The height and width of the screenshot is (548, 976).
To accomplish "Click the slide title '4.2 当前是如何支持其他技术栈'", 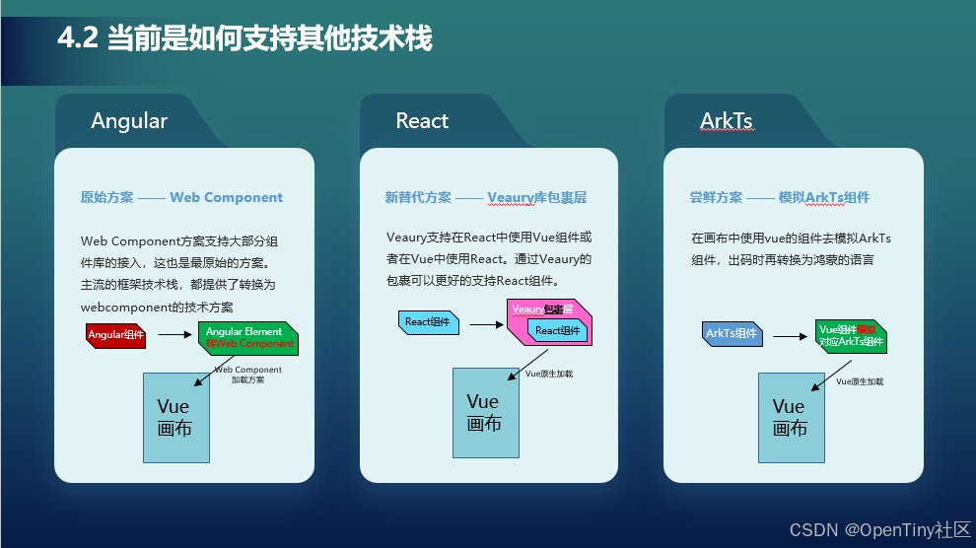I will click(244, 38).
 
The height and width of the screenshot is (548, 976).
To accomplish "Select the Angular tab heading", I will click(129, 121).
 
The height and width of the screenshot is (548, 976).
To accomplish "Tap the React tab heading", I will click(422, 121).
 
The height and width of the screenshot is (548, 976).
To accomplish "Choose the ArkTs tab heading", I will click(727, 121).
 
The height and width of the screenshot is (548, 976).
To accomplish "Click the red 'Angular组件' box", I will click(116, 335).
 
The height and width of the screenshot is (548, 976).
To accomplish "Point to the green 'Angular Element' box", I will click(249, 338).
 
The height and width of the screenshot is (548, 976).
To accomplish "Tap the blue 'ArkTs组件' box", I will click(732, 334).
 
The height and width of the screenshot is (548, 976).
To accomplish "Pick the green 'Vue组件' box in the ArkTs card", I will click(851, 336).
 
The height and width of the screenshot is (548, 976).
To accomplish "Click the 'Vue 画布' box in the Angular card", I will click(176, 417).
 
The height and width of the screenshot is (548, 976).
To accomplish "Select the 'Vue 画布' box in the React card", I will click(485, 412).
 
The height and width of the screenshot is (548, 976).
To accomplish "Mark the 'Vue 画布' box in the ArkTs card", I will click(791, 417).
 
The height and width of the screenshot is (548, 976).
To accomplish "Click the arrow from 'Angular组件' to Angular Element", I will click(174, 334).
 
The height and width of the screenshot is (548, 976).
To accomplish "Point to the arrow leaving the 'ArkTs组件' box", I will click(790, 335).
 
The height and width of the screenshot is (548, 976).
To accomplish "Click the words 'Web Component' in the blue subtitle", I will click(226, 197).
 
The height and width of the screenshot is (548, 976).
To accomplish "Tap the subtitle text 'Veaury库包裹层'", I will click(536, 197).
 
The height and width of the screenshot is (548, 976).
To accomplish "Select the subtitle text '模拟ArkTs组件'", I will click(824, 197).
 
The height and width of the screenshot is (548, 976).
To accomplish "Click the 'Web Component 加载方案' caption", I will click(247, 375).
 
